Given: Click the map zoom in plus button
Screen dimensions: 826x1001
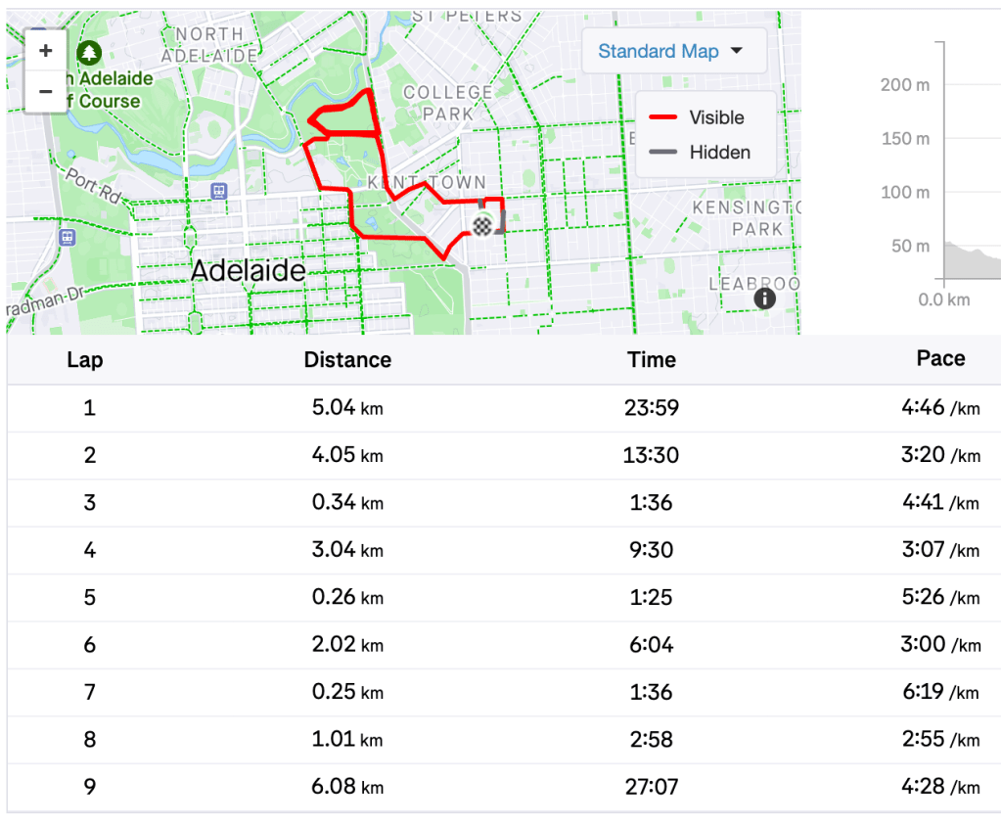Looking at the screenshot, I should (45, 51).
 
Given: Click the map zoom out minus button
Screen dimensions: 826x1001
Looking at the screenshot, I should (45, 91).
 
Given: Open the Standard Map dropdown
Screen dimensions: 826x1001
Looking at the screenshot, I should (671, 51).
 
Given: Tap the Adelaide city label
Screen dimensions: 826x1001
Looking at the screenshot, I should (248, 271).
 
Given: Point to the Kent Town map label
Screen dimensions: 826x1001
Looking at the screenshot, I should (427, 183).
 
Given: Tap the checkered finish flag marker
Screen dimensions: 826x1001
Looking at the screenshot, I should (482, 226).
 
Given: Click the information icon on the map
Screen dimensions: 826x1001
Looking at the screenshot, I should (765, 298).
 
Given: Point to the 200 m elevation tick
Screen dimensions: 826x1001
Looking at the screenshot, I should (905, 85).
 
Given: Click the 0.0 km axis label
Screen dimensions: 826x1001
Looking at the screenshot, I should (944, 299).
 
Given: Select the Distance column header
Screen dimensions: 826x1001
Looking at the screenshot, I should (347, 359).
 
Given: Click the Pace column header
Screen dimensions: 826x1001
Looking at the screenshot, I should (940, 358).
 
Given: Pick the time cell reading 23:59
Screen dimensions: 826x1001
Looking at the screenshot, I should (652, 407).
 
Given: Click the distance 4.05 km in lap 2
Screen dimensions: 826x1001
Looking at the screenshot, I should (347, 455).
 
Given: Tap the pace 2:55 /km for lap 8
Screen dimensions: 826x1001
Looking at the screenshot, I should (939, 739).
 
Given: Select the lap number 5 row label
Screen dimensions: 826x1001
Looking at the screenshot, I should (89, 597).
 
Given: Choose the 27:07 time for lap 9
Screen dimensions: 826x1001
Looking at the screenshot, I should (652, 787).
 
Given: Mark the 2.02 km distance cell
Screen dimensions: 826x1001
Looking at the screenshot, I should (347, 645).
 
